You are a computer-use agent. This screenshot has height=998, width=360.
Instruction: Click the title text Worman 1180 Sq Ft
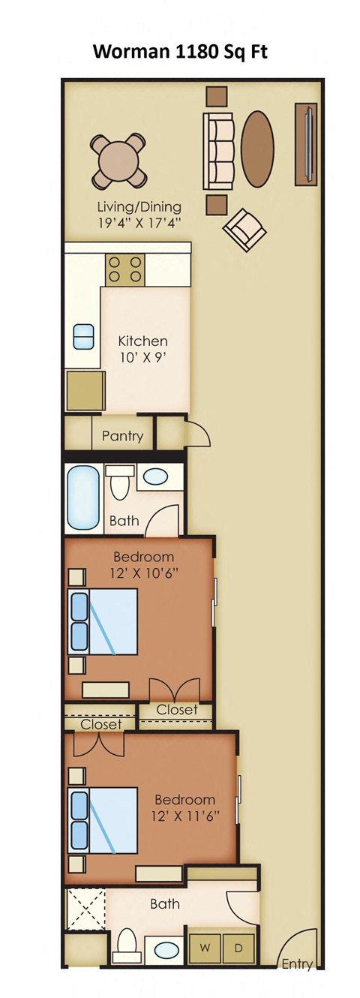(179, 52)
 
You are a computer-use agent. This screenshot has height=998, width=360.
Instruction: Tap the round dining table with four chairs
(118, 161)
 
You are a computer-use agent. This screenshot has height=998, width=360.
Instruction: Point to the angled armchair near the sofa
(244, 229)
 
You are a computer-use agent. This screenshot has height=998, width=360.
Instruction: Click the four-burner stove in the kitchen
(125, 270)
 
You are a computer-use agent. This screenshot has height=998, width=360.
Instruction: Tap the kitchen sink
(83, 336)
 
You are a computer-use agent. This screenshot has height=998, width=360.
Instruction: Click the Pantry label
(122, 436)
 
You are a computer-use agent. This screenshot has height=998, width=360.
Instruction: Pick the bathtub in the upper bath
(83, 497)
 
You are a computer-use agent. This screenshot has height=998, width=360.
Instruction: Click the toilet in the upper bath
(120, 482)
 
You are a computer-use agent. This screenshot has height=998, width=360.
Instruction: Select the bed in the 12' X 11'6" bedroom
(103, 820)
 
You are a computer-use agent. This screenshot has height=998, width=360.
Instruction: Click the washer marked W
(204, 948)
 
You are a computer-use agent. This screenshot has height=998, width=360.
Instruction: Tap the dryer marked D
(239, 948)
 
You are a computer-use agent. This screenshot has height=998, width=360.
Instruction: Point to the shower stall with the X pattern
(85, 909)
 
